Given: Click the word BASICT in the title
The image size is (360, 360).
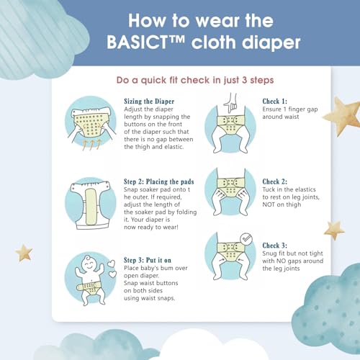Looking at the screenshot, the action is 137,42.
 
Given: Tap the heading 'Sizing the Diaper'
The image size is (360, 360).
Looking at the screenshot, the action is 149,102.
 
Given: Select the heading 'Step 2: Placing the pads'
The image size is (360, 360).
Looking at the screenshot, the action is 158,181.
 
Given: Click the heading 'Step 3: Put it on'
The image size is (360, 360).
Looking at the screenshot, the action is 148,260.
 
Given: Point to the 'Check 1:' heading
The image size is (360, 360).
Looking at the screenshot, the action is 274,102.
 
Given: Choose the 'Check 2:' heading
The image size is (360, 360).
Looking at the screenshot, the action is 274,181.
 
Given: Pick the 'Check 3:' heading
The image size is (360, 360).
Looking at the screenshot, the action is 274,246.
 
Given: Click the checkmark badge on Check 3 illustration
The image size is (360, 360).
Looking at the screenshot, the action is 246,239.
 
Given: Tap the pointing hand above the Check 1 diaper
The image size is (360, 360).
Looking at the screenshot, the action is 230,103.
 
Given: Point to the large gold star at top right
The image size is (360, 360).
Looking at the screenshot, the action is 343,116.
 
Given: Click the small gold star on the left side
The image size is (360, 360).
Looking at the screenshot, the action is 24,253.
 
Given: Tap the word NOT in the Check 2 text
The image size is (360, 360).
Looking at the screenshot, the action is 269,204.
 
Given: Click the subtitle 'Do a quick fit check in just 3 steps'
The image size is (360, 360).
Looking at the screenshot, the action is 195,80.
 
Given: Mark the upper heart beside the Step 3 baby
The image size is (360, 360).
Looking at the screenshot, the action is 112,264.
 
